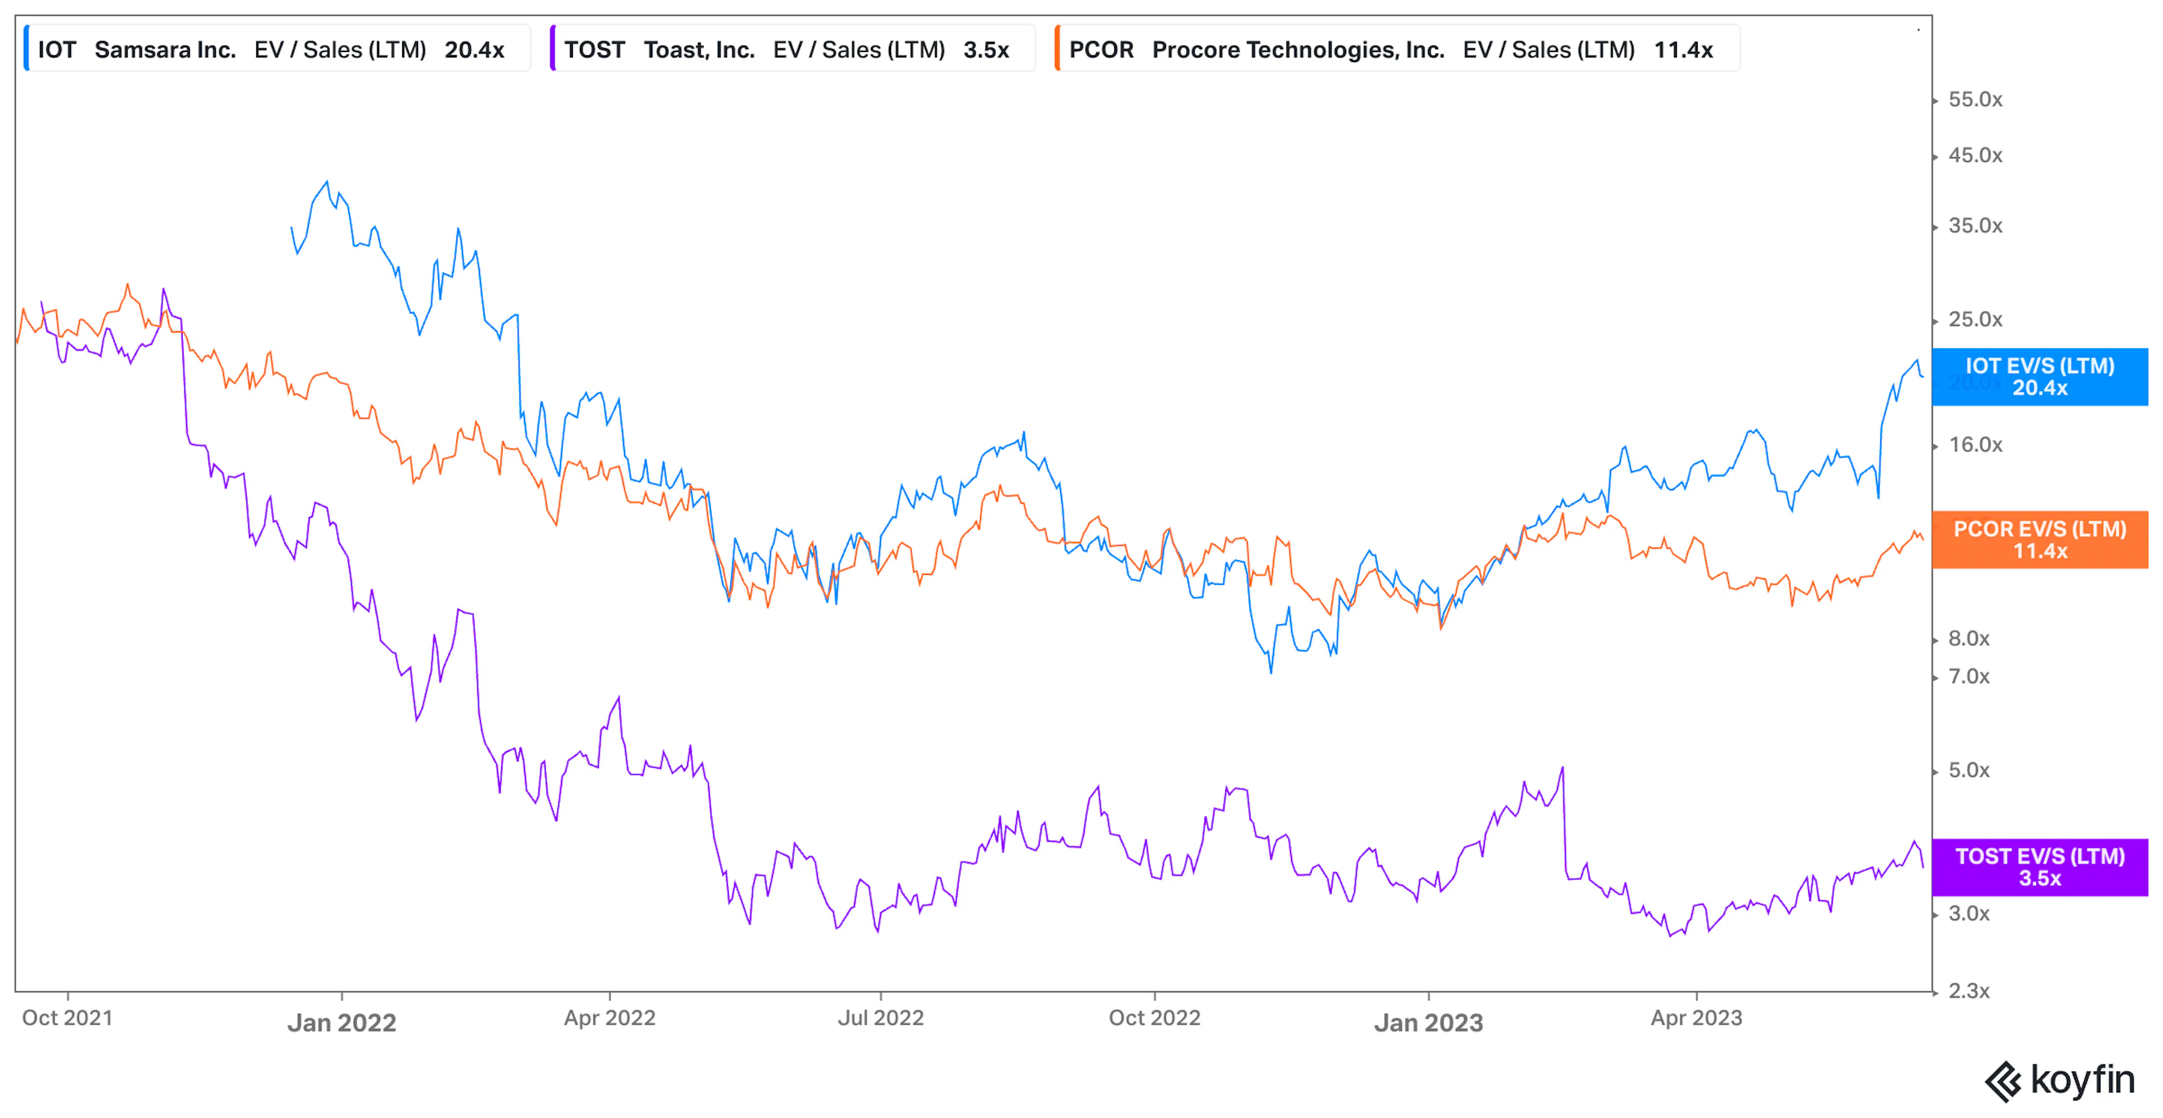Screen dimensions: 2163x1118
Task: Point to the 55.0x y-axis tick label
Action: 1975,100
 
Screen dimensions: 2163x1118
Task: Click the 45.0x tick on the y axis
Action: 1975,156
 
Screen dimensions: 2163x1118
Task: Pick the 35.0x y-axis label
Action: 1975,226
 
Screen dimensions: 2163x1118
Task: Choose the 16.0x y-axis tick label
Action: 1975,445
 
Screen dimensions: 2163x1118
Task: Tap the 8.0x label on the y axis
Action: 1969,639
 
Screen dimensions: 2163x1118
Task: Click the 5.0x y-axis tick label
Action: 1969,771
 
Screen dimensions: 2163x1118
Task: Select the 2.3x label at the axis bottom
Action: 1969,992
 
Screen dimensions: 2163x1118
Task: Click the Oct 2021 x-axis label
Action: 67,1018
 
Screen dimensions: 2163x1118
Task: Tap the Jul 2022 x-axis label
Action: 881,1018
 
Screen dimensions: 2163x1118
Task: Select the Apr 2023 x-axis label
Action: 1696,1018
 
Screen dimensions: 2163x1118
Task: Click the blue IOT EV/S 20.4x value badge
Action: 2040,377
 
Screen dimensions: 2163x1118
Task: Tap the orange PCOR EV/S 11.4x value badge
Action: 2040,540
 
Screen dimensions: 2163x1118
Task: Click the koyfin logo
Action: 2060,1081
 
